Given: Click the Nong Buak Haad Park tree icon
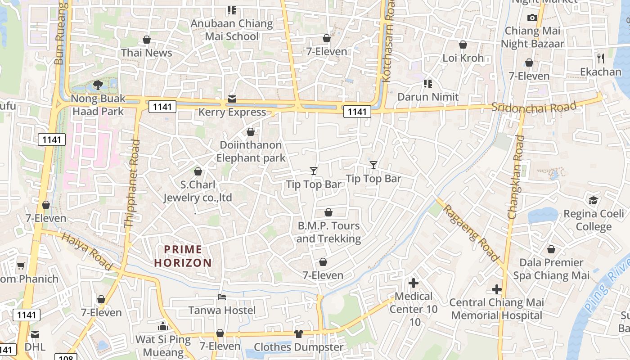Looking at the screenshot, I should coord(98,84).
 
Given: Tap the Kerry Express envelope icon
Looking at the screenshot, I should coord(232,99).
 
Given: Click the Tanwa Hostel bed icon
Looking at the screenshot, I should coord(222,297).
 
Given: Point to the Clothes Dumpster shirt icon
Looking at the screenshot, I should coord(299,333).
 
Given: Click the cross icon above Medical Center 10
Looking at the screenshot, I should coord(413,283).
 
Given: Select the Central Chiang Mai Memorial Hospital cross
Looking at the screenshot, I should coord(497,289).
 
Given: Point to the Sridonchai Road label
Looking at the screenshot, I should coord(534,107).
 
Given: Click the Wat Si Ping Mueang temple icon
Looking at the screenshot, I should coord(163,326).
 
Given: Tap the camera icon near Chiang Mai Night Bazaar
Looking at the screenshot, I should coord(532,18).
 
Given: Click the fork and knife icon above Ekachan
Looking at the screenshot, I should coord(600,58).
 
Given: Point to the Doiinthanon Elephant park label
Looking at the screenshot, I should coord(251,151).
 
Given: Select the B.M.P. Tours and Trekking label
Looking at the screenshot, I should coord(328,232).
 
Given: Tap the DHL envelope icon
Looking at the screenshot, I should coord(35,334).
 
